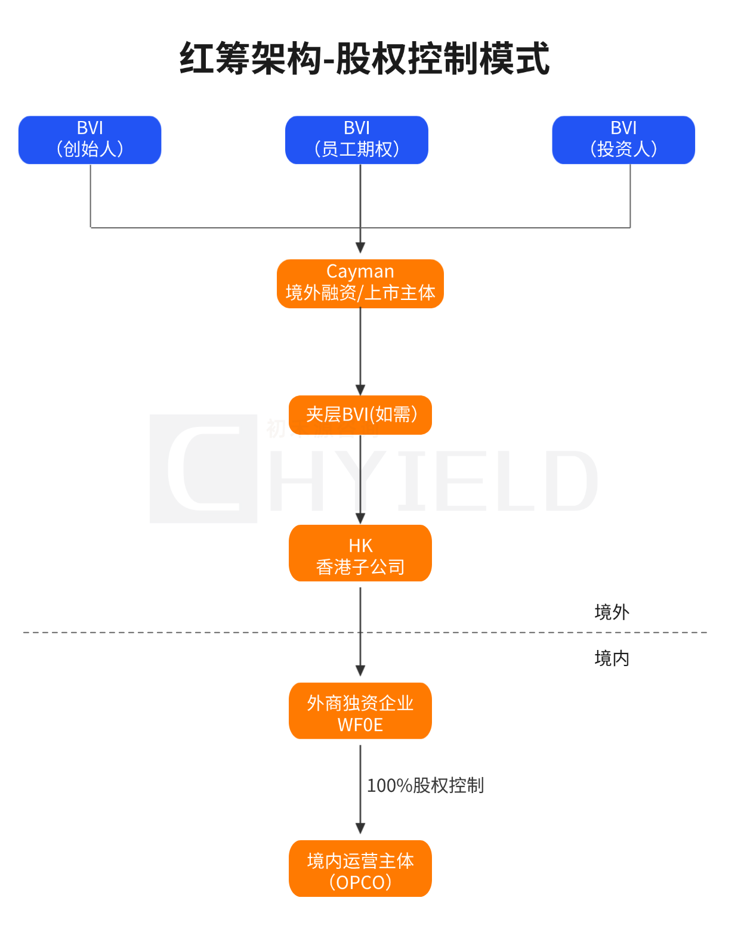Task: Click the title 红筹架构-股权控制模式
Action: coord(364,59)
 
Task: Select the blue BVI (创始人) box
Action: coord(90,140)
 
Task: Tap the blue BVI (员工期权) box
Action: coord(357,140)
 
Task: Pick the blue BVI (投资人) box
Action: coord(623,140)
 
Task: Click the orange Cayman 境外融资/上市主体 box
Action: coord(360,284)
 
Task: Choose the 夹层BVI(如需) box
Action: coord(360,414)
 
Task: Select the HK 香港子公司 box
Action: coord(360,553)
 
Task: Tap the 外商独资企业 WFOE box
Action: coord(360,711)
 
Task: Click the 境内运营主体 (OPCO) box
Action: coord(360,868)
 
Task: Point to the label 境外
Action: coord(612,612)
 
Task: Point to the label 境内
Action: coord(612,658)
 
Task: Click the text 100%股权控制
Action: coord(425,785)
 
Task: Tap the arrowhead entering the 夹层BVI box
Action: coord(360,390)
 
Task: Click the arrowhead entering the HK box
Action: coord(360,519)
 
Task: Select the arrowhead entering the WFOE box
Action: coord(360,671)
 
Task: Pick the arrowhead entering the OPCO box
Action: coord(360,829)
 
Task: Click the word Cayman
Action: coord(360,271)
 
